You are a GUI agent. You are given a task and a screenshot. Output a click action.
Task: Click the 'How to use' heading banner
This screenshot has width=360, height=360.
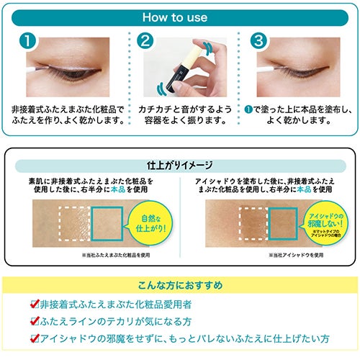(x=180, y=14)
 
